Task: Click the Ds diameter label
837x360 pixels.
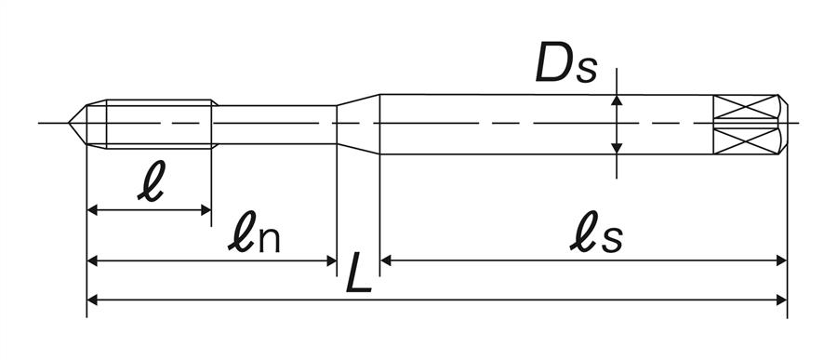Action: (x=565, y=64)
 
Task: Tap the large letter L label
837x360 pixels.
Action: (x=359, y=273)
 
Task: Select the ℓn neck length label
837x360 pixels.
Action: (x=254, y=238)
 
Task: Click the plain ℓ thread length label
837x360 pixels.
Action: (x=151, y=181)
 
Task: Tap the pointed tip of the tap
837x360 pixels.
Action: (x=69, y=123)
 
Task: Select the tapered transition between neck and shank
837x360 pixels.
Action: (x=358, y=124)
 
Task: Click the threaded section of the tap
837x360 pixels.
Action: (x=159, y=124)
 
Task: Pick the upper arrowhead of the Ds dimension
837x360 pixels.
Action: (x=617, y=100)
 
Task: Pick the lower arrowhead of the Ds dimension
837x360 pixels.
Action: (x=617, y=149)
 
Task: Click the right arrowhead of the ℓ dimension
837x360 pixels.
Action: (x=206, y=210)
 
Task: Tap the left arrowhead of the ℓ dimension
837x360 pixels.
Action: (x=92, y=210)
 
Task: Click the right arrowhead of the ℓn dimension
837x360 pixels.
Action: (x=331, y=260)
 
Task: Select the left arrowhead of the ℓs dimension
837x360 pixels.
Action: (x=386, y=260)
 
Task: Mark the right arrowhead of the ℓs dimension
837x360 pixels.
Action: (x=781, y=260)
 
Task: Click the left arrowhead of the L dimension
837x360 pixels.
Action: (x=92, y=300)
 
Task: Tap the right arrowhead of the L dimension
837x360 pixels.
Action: (x=781, y=300)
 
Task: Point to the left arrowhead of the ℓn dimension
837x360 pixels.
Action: (x=92, y=260)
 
